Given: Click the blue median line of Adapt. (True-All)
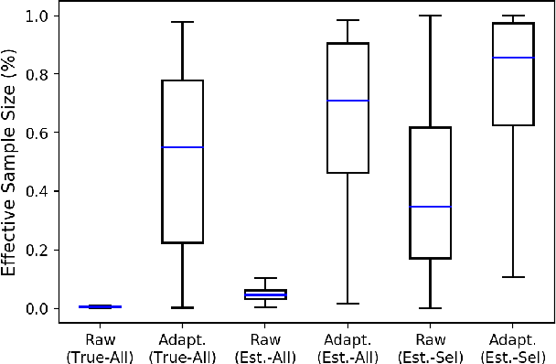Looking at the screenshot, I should [x=183, y=147].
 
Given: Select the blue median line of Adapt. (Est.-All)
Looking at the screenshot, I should [x=347, y=101].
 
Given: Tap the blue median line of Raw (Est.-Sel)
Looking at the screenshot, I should [x=430, y=207].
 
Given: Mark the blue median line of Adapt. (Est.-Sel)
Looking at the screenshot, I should [x=512, y=58].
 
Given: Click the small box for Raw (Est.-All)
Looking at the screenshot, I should [x=265, y=294].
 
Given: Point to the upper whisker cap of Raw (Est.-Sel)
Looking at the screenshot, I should [x=430, y=16].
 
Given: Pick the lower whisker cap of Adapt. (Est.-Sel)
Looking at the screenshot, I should [x=512, y=276].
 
